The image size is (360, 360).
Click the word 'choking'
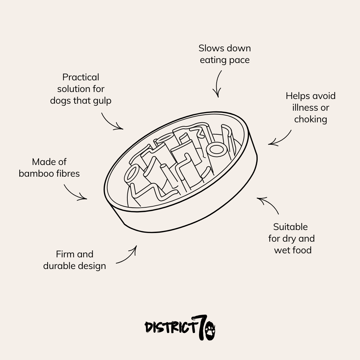310,119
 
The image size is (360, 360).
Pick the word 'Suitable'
290,227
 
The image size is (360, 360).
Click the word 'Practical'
81,77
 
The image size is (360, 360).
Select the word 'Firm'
65,254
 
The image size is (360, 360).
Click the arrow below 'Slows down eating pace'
218,83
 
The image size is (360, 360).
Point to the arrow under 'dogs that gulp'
111,122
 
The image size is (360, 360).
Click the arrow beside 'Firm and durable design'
128,256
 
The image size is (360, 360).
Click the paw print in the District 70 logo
210,331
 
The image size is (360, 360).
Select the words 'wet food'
293,250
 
